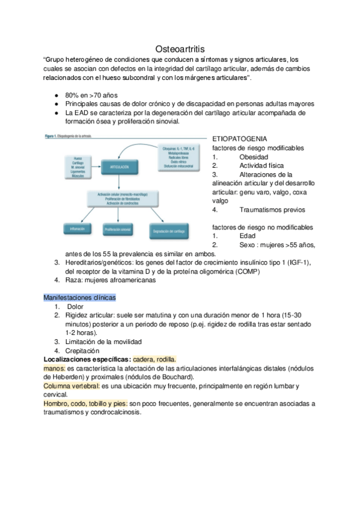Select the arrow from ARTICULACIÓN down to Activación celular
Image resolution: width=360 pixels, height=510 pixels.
121,182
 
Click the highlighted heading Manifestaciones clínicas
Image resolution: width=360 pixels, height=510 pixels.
80,297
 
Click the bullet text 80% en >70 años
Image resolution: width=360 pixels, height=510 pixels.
91,95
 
